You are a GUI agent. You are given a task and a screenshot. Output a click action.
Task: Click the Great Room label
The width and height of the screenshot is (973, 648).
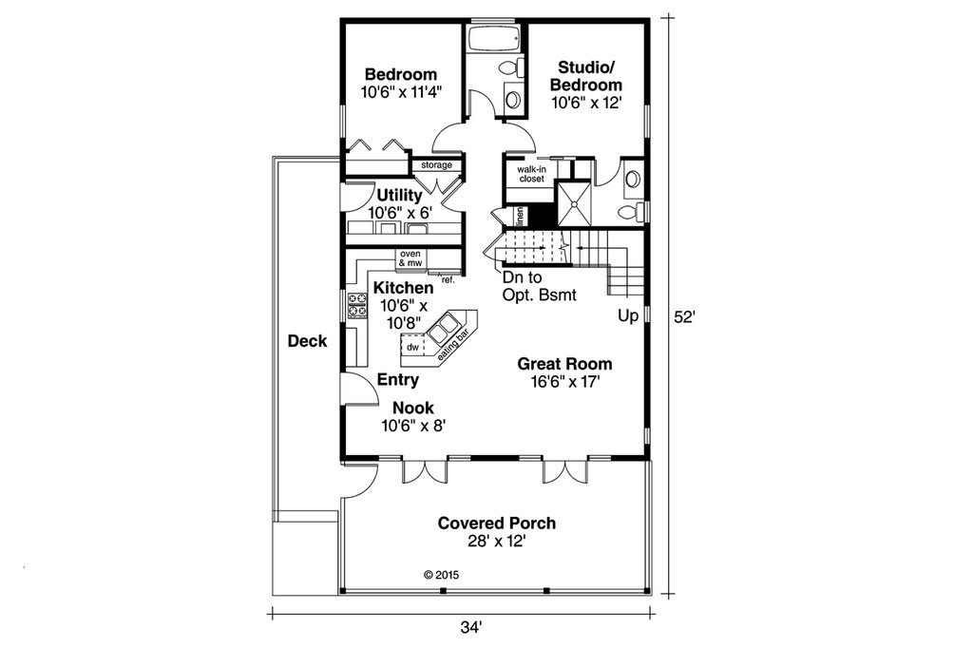(564, 364)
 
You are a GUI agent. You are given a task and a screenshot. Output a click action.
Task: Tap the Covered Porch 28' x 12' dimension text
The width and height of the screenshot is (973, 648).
(496, 542)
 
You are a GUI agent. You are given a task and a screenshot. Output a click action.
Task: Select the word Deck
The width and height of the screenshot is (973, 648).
(307, 341)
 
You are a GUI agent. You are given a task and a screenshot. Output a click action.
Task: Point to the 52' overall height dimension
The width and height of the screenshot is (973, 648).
(686, 318)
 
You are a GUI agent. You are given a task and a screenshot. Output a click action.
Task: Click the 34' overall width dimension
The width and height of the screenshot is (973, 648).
(472, 627)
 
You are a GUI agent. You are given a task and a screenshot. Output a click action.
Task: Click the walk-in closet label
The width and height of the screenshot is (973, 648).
(530, 173)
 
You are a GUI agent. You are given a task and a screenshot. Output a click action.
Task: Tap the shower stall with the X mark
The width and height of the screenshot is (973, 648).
(575, 200)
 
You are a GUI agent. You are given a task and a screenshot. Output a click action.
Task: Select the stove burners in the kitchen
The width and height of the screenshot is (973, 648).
(358, 305)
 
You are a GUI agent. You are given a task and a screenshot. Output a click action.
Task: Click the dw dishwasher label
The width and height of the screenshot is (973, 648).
(412, 348)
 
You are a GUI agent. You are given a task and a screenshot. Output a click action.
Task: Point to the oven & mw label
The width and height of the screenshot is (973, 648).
(410, 258)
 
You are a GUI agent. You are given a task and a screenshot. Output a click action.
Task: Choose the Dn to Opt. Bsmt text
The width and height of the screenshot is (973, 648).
(540, 286)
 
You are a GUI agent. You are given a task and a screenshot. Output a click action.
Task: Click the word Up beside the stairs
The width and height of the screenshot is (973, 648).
(626, 314)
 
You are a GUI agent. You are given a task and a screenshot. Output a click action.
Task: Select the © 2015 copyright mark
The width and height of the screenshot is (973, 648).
(440, 575)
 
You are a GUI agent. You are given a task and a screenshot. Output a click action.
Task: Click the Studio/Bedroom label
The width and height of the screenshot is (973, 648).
(589, 76)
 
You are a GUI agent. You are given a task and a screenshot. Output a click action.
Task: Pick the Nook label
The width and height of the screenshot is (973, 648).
(407, 409)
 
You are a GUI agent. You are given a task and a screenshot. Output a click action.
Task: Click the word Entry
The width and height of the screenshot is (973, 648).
(398, 380)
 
